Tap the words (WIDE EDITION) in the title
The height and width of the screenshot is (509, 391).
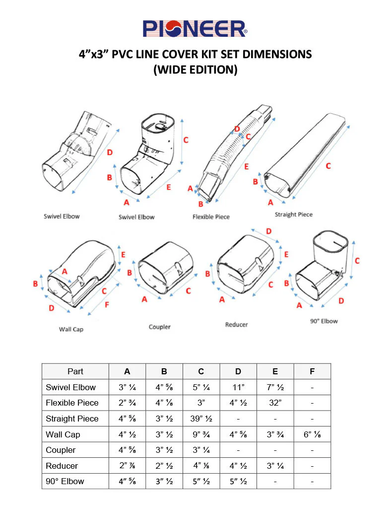pos(195,70)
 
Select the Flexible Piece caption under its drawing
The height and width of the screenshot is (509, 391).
pos(211,217)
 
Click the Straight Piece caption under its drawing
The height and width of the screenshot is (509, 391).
pos(294,214)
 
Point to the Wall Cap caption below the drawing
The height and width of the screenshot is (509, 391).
pos(71,329)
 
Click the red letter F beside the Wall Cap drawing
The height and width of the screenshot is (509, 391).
pos(107,304)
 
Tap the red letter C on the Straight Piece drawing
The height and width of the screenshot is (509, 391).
pos(328,166)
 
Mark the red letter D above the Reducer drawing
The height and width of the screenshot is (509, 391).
pos(268,231)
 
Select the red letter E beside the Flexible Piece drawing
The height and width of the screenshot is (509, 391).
pos(246,167)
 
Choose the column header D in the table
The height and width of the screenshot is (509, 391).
pos(238,371)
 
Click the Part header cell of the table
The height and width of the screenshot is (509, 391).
pos(75,371)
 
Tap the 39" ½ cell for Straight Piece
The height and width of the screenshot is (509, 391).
pos(201,419)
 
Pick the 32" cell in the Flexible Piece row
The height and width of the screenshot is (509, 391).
pos(275,403)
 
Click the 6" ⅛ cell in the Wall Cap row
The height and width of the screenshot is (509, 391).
pos(312,434)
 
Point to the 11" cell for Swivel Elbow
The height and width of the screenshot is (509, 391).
pos(238,387)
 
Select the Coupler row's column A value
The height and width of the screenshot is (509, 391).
pos(127,450)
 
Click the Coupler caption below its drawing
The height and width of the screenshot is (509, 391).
pos(159,327)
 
